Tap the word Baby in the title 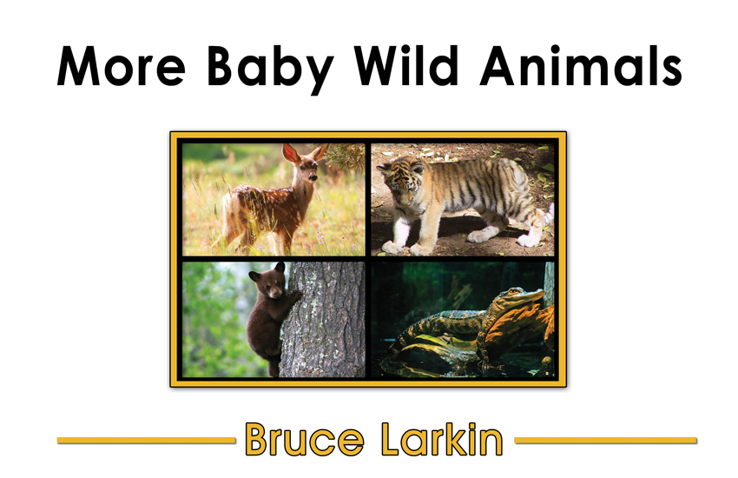click(x=271, y=70)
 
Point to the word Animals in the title click(x=581, y=65)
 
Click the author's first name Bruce click(x=304, y=440)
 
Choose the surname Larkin click(x=441, y=440)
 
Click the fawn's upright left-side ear click(x=290, y=154)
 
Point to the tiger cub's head click(x=401, y=183)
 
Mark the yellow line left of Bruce click(x=147, y=441)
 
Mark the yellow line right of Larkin click(x=606, y=441)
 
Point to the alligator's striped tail click(x=418, y=329)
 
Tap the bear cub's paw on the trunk click(x=297, y=295)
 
